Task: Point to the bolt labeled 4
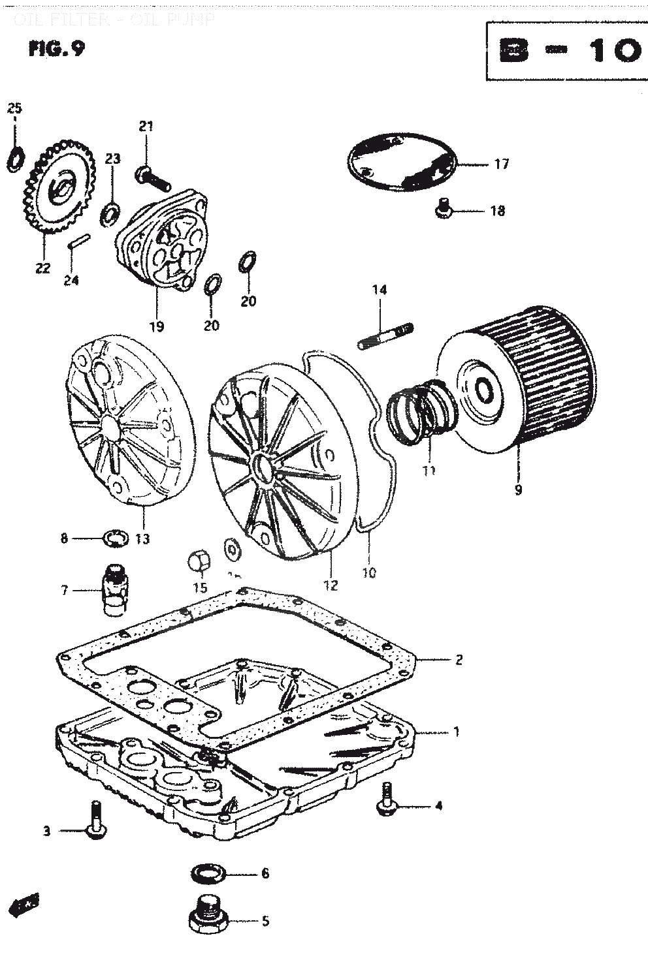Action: tap(386, 800)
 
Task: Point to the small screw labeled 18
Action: tap(444, 208)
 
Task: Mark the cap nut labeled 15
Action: tap(199, 562)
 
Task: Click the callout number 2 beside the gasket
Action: tap(459, 659)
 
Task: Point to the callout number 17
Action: tap(501, 164)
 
